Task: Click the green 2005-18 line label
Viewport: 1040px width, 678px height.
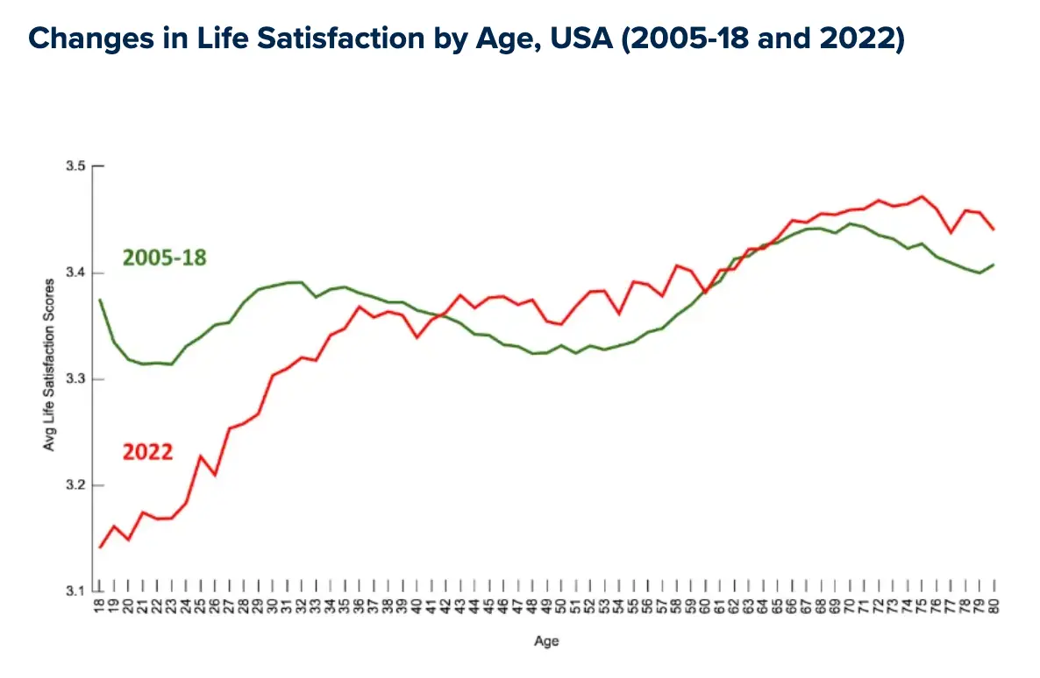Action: point(164,258)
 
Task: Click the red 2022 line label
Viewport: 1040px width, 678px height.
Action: point(146,452)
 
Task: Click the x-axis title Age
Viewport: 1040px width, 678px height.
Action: point(546,641)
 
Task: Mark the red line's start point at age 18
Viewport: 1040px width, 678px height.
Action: point(100,547)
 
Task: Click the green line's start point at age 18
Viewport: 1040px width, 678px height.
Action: point(100,300)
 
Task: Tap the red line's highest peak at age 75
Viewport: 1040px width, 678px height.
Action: point(921,196)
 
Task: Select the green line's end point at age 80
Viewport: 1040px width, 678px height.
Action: point(994,264)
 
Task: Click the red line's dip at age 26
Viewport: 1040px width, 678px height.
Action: point(215,475)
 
